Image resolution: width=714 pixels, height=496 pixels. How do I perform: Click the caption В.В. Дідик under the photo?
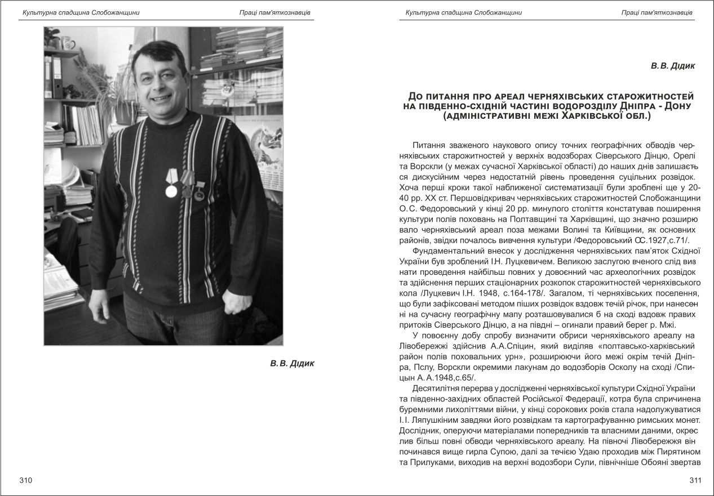click(292, 364)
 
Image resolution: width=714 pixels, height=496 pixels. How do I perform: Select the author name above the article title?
click(673, 66)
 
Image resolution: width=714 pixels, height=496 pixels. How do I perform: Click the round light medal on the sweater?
click(171, 191)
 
